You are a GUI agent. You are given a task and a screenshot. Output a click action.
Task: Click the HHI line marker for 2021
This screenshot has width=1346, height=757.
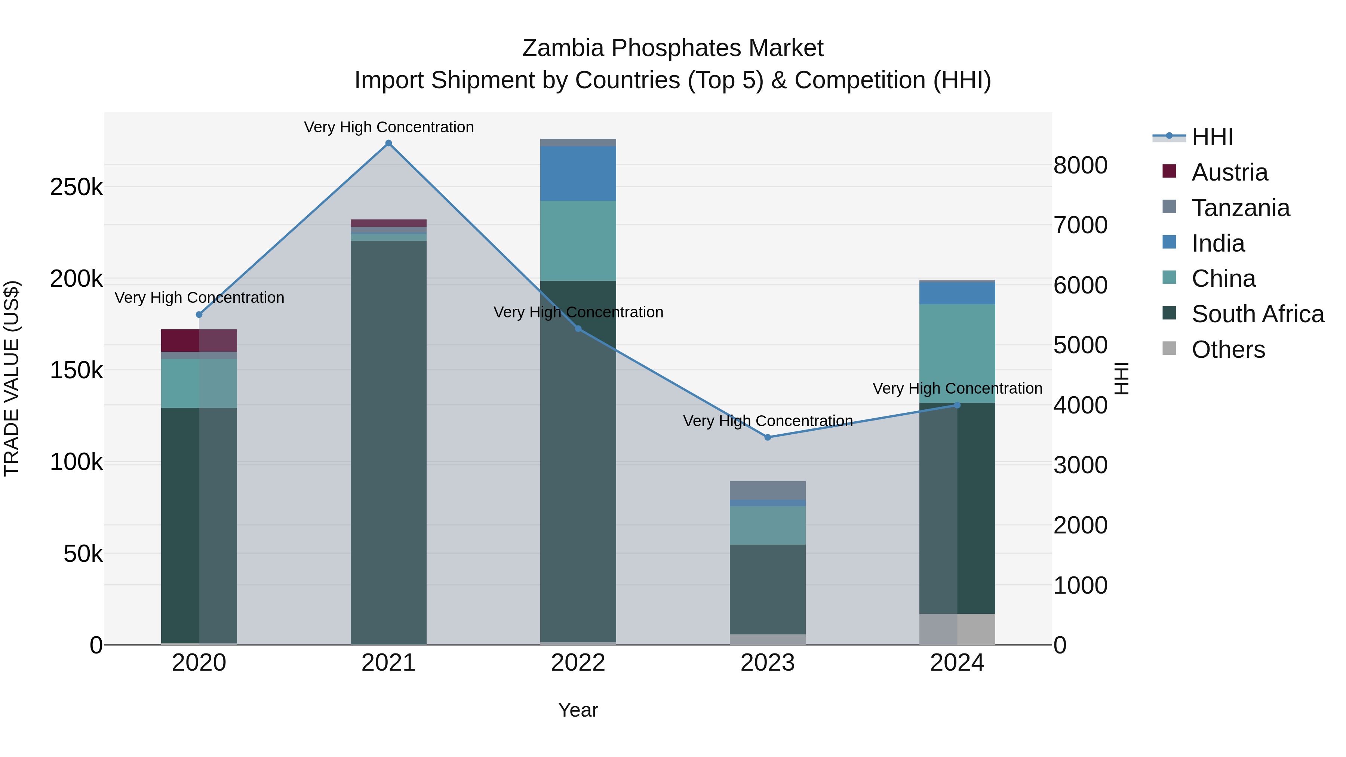click(388, 143)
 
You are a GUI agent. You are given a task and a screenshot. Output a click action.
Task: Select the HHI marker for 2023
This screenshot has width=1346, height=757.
click(768, 437)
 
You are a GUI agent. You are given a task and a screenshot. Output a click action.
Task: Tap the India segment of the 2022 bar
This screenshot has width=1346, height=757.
click(578, 173)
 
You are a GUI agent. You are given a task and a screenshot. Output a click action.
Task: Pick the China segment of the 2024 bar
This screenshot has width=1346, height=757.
click(957, 353)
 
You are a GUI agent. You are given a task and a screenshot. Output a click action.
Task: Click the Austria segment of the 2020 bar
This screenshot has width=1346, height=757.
click(199, 340)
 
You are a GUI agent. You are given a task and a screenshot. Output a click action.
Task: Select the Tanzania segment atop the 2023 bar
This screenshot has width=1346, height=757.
click(768, 490)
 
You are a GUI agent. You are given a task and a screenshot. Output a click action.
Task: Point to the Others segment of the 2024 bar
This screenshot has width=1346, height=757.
click(957, 629)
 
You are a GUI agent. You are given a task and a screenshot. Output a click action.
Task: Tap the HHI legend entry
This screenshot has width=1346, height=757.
click(1212, 137)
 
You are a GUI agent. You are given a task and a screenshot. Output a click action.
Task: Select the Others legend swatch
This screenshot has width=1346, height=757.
click(1169, 348)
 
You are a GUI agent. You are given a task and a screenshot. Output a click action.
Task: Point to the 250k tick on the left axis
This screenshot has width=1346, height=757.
click(76, 187)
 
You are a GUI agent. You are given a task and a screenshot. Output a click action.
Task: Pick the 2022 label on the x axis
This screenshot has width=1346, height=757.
click(578, 663)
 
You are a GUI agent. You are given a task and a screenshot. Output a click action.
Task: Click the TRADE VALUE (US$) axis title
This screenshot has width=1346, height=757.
click(12, 378)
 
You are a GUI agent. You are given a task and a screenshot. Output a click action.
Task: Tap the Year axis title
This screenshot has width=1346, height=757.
click(578, 710)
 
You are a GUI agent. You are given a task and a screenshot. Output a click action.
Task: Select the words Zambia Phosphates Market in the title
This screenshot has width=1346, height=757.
click(673, 48)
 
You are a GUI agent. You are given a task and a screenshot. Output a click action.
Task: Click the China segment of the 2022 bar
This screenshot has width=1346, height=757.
click(578, 240)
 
